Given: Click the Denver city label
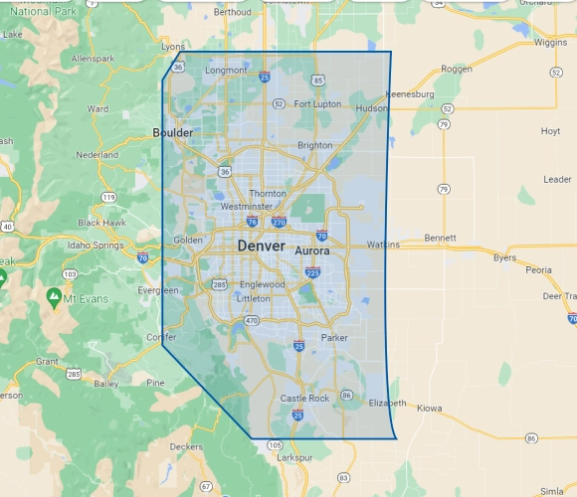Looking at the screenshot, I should click(x=261, y=246).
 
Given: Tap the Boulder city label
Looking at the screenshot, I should click(x=173, y=132).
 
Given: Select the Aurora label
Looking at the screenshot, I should click(x=311, y=251).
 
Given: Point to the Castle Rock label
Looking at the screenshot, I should click(x=303, y=399).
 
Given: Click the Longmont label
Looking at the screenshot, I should click(x=225, y=71).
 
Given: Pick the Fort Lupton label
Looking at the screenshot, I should click(x=317, y=104).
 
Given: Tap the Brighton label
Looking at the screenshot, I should click(x=315, y=145).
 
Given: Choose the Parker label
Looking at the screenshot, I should click(x=334, y=338).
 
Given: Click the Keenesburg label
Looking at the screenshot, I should click(x=410, y=94).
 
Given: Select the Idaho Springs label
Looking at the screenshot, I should click(x=93, y=245).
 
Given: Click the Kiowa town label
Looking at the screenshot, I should click(x=429, y=408).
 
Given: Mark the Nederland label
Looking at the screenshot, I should click(x=96, y=155).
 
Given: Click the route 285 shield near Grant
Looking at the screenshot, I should click(x=74, y=375).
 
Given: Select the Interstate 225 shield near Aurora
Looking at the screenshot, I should click(x=313, y=272).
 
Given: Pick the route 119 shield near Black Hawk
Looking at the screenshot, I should click(x=107, y=197).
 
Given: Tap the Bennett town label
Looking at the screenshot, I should click(x=439, y=239).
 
